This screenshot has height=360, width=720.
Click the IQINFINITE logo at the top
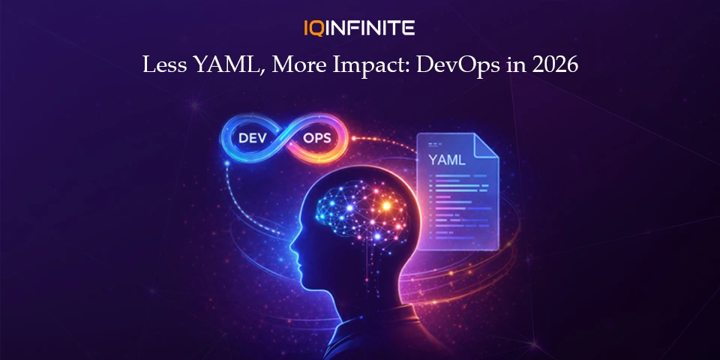tap(359, 28)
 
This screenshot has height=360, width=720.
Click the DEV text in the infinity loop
tap(254, 138)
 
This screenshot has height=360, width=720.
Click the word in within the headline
tap(514, 65)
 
